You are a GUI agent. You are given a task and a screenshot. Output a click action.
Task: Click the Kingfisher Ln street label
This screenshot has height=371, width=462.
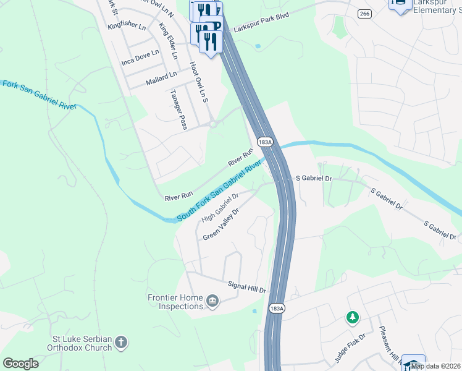click(x=126, y=27)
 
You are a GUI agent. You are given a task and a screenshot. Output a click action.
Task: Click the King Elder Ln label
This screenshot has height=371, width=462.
click(x=168, y=41)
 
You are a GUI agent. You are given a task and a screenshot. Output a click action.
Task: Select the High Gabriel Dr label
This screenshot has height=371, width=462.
click(x=219, y=207)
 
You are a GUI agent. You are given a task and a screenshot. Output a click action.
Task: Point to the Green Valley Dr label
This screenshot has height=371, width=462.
click(x=220, y=224)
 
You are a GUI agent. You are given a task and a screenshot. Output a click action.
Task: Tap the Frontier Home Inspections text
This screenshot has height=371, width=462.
click(x=175, y=302)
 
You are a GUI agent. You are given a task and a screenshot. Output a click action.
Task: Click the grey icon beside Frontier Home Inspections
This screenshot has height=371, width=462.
click(x=212, y=301)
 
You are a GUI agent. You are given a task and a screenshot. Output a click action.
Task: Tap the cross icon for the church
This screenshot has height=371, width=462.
click(x=121, y=341)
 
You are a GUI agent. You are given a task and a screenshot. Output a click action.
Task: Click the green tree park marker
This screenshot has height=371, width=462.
click(x=352, y=318)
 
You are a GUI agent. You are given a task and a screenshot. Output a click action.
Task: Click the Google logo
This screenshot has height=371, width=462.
click(x=20, y=364)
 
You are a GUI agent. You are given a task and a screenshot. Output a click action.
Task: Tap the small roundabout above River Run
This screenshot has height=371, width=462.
click(x=213, y=124)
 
